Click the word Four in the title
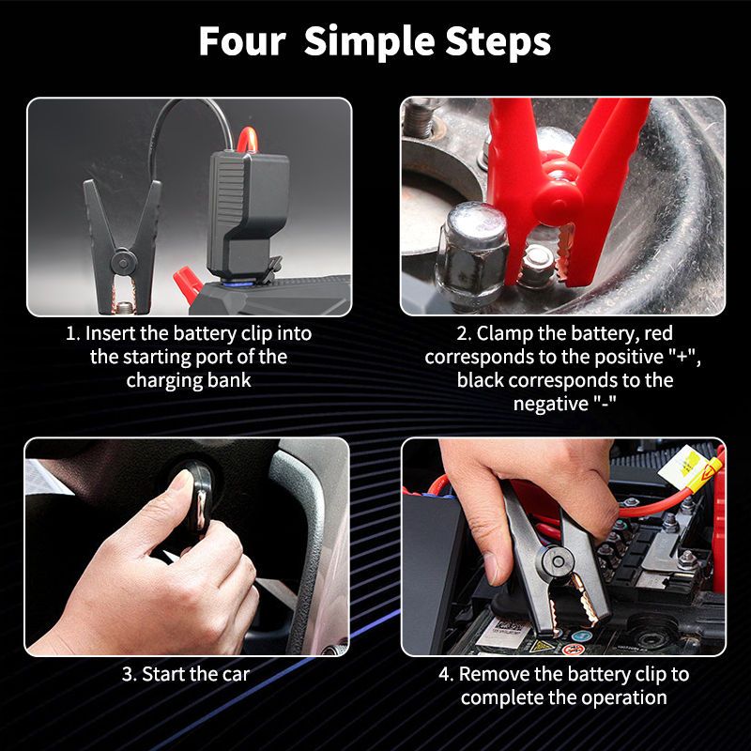point(242,41)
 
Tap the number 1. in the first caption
point(73,333)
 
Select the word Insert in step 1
point(112,333)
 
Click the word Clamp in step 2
point(503,333)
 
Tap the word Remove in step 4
point(491,674)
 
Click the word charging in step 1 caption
point(161,380)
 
